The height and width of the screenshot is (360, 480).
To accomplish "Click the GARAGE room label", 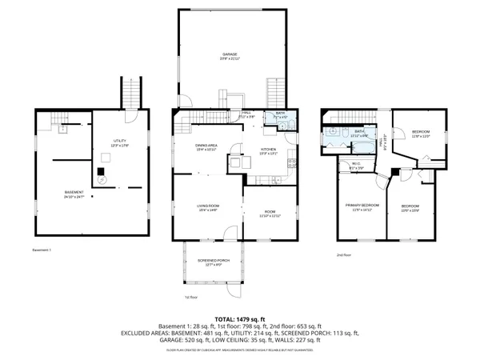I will click(230, 55).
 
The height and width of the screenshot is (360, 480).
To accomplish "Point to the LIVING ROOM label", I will click(208, 210).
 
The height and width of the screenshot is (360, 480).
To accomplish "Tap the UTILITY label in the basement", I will click(118, 142).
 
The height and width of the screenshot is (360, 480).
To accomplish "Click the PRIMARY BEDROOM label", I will click(362, 207).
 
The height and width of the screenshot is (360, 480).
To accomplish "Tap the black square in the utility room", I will click(101, 170).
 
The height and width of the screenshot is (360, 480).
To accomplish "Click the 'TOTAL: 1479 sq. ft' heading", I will click(239, 318).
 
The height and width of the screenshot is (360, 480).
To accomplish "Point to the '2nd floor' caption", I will click(344, 254).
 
